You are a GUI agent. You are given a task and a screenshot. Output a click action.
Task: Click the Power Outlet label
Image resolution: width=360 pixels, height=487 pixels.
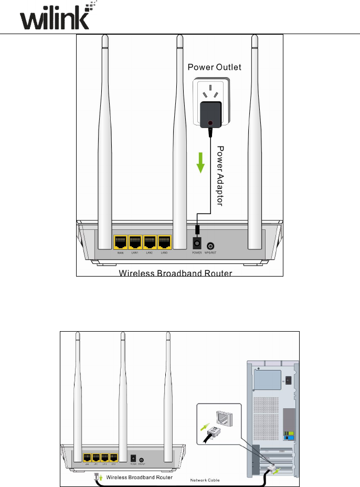[215, 68]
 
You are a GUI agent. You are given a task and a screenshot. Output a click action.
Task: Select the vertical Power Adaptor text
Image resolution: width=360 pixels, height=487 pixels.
[220, 176]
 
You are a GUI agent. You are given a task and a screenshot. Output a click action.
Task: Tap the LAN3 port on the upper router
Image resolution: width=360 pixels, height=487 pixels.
[165, 242]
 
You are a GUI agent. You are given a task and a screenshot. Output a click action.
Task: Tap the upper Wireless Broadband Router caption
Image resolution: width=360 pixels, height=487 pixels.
[175, 273]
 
